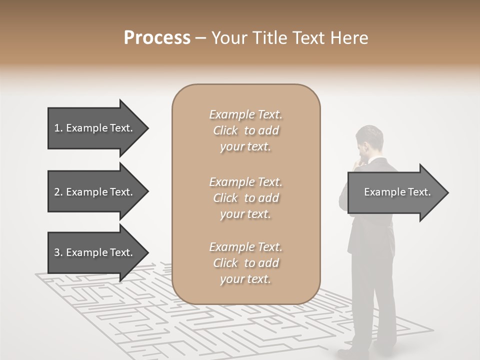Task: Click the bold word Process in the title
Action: [157, 38]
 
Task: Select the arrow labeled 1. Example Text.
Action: [93, 128]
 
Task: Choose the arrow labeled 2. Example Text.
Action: [93, 192]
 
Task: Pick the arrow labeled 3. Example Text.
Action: [93, 252]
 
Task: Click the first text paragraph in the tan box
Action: [245, 130]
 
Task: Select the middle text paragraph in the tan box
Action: [245, 198]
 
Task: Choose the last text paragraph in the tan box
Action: [245, 263]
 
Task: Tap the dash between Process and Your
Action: [201, 38]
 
